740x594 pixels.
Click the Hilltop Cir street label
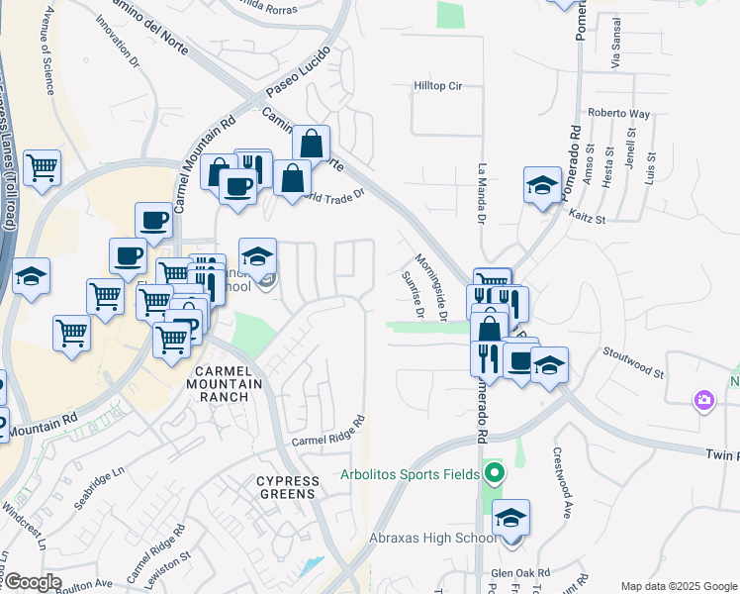click(x=437, y=86)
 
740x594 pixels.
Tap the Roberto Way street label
click(x=619, y=113)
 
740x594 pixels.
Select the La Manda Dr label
click(x=483, y=193)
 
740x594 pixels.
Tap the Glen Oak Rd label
click(x=520, y=573)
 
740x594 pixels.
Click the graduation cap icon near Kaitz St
click(x=541, y=186)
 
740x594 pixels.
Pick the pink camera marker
click(x=704, y=400)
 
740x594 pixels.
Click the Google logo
click(x=32, y=582)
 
